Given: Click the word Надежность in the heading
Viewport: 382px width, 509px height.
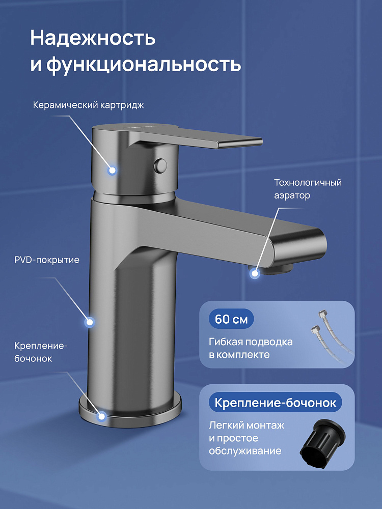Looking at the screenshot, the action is point(93,38).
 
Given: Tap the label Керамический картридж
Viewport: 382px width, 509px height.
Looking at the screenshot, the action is point(88,105).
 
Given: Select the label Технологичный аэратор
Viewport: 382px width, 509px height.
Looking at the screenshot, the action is point(308,189).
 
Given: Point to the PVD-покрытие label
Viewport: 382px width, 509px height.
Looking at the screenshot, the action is point(47,260).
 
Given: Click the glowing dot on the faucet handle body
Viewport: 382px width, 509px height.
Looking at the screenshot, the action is point(113,170).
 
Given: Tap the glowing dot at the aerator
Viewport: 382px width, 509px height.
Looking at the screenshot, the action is point(255,274).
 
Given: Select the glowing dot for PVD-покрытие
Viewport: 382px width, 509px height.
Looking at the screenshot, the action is point(89,322).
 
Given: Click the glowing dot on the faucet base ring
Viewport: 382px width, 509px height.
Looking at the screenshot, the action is point(102,416).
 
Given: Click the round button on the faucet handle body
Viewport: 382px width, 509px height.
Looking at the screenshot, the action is point(161,165).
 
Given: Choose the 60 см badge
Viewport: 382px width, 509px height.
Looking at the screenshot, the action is point(231,319).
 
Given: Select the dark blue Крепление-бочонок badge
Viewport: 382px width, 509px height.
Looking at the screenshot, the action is point(276,403).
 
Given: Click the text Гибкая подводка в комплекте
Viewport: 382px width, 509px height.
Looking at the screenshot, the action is point(251,348).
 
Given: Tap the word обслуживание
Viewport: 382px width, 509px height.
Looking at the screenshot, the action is point(245,451).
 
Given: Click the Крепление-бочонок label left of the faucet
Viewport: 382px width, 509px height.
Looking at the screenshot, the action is point(41,352).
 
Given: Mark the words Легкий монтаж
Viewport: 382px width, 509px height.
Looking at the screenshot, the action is point(247,425).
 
